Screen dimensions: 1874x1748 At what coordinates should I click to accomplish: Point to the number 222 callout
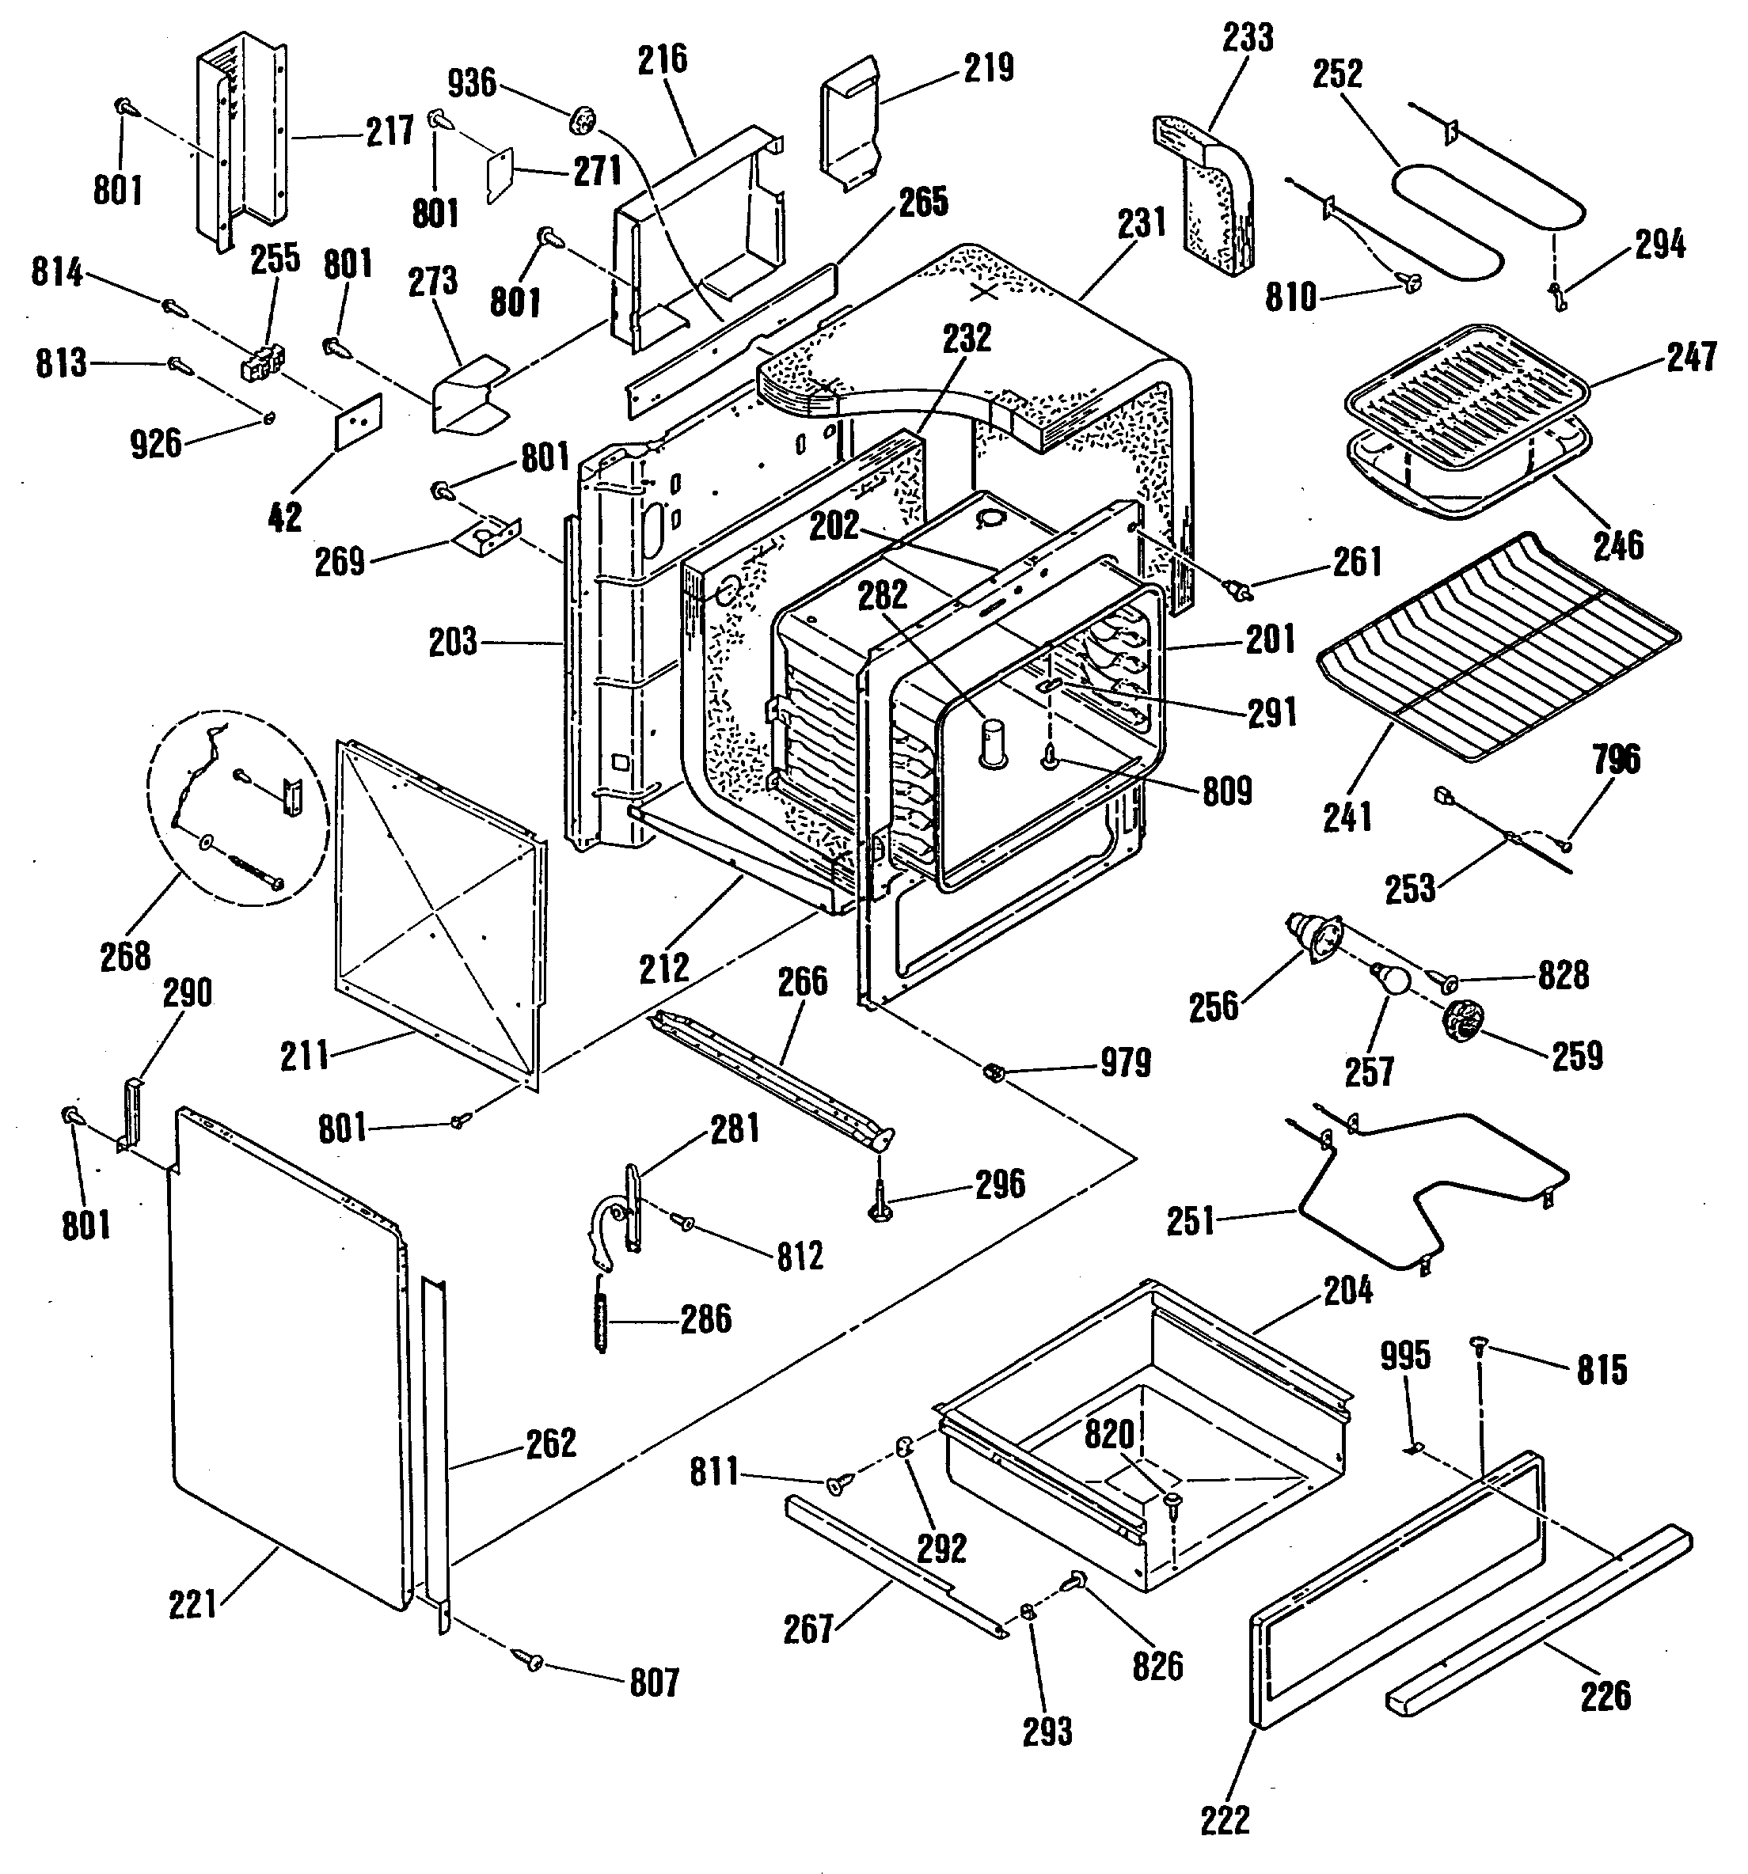[x=1225, y=1819]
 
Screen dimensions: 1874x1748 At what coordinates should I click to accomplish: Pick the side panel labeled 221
[x=283, y=1357]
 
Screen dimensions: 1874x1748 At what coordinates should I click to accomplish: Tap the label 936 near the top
[x=471, y=83]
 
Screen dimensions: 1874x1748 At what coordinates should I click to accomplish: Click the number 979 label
[x=1126, y=1064]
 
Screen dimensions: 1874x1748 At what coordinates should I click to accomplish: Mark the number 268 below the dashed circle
[x=125, y=956]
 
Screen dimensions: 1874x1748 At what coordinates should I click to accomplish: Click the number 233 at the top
[x=1248, y=38]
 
